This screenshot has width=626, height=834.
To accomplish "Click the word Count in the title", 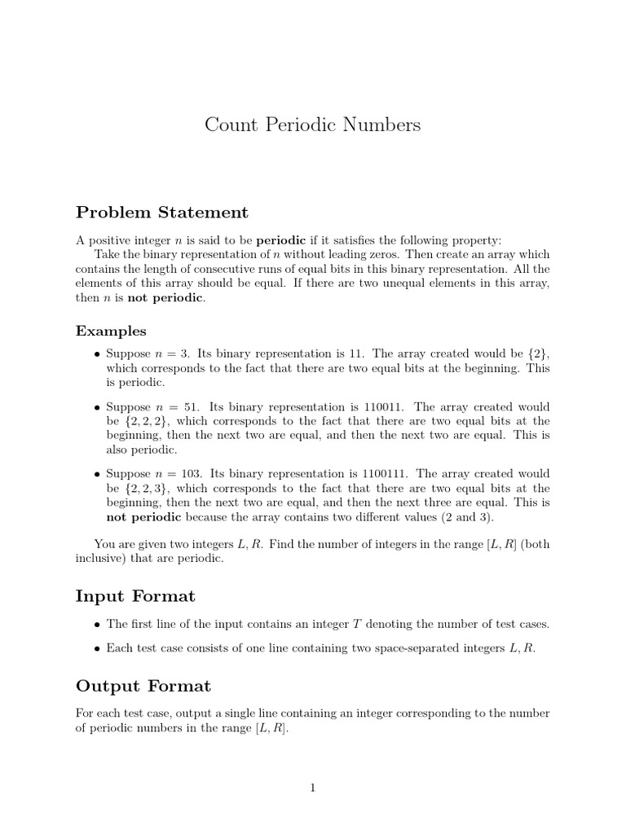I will [230, 125].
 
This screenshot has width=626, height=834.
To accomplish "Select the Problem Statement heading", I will [161, 213].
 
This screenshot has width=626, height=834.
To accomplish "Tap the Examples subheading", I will [111, 331].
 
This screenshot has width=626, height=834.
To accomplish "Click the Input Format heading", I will [135, 596].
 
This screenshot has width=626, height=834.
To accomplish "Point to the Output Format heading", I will [143, 686].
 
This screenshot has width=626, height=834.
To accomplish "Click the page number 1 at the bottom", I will [313, 787].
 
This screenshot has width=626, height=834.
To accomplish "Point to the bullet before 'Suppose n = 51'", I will [97, 407].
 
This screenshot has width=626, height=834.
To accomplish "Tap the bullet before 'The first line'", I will [97, 625].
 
